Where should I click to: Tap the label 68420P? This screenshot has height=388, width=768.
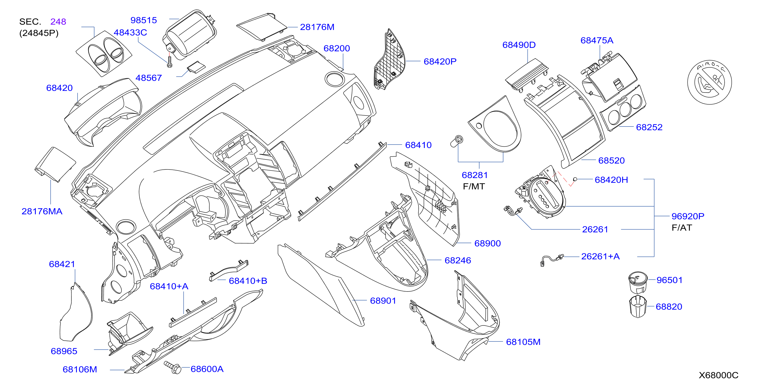440,61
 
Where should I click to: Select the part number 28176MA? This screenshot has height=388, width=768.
42,211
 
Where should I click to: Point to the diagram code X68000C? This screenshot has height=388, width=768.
719,375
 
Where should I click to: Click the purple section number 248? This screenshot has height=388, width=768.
58,21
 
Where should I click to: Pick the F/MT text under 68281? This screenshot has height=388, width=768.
474,186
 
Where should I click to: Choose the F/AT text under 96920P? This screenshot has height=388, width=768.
682,227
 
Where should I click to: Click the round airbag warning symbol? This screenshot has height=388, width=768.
709,82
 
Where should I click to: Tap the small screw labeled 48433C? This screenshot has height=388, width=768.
170,62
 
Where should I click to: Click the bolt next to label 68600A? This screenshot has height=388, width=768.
173,367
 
